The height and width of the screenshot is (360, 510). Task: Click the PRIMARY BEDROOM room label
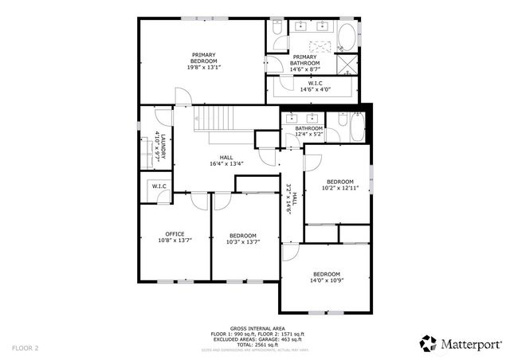[x=203, y=61]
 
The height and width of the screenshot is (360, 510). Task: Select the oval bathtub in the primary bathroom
[x=347, y=36]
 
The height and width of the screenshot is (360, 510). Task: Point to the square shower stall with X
[x=348, y=64]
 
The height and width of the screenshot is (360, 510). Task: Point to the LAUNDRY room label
[x=160, y=148]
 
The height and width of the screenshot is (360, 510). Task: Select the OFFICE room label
[x=175, y=237]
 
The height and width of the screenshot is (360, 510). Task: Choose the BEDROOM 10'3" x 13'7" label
[x=243, y=238]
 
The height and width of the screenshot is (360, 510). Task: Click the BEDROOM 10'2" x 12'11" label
[x=340, y=185]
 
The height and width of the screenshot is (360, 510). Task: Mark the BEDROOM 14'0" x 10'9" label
[x=326, y=277]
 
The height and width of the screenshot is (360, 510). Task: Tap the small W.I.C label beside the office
[x=159, y=187]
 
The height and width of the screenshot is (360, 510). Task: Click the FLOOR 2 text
[x=25, y=347]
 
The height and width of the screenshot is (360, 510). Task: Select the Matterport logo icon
[x=428, y=343]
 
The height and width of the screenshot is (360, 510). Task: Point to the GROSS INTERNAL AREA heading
[x=257, y=328]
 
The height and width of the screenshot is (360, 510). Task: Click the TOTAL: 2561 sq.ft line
[x=257, y=343]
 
